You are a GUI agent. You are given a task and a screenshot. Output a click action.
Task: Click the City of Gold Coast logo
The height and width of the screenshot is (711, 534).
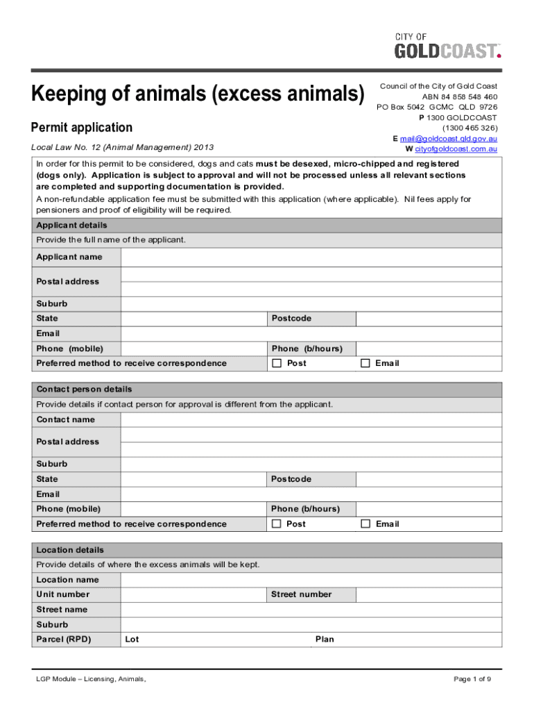point(447,47)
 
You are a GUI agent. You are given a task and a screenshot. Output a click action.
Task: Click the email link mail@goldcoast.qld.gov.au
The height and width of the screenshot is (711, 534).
point(448,139)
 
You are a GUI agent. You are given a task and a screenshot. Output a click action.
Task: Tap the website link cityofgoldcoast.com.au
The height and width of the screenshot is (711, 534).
point(456,149)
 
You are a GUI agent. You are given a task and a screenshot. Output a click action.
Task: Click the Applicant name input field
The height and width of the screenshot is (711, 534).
point(311,257)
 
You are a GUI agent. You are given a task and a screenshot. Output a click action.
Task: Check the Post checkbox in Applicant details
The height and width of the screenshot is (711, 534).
point(277,363)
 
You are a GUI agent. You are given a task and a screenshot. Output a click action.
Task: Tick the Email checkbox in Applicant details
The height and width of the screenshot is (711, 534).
point(365,363)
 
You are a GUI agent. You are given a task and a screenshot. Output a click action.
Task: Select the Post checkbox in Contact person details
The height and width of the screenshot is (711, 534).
point(277,524)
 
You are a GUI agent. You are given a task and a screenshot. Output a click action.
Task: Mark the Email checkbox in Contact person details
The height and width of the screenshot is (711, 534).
point(365,524)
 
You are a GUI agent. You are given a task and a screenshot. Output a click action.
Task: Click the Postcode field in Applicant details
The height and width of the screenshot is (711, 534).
point(429,319)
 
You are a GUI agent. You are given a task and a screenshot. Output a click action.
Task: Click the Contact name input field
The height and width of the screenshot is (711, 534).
point(311,419)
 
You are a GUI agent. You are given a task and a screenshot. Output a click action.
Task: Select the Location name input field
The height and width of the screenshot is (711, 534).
point(311,580)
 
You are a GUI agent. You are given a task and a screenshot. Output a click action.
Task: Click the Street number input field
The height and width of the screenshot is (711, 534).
point(429,594)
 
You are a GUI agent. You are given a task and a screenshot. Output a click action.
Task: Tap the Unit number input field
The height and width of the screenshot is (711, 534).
point(193,594)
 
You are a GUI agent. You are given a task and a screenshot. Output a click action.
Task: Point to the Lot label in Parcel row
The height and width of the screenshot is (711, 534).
point(132,639)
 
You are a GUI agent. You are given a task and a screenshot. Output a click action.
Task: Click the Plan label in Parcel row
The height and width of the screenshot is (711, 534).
point(325,639)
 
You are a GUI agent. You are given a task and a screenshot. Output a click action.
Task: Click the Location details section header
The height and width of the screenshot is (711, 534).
point(70,550)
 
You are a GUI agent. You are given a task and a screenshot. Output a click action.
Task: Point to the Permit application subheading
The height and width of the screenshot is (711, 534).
point(82,128)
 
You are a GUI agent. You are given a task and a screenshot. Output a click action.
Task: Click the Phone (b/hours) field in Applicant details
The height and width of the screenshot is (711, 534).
point(429,349)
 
